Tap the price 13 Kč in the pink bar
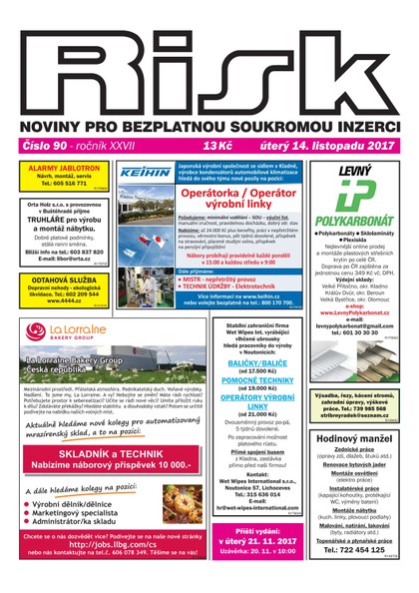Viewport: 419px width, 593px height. [215, 146]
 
